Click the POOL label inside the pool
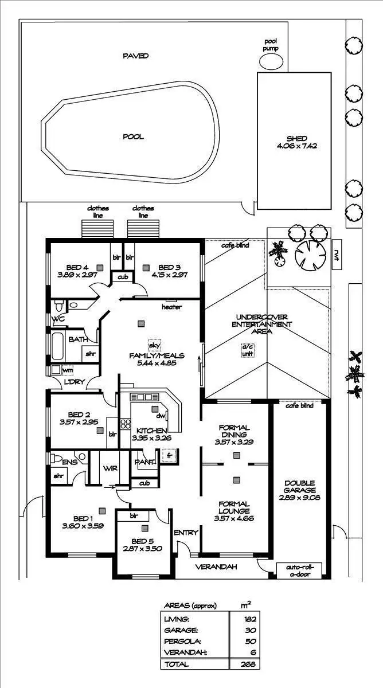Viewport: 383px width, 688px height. [133, 137]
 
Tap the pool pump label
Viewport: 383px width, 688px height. [271, 45]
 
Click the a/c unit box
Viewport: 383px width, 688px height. [247, 350]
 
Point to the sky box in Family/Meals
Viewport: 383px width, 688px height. [154, 345]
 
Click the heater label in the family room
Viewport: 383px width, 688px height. [171, 307]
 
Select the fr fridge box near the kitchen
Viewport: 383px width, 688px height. [169, 456]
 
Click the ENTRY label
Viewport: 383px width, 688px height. [186, 533]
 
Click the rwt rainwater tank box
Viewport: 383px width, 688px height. [337, 253]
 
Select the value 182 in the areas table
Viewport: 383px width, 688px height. [248, 619]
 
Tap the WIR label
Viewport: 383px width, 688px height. [110, 468]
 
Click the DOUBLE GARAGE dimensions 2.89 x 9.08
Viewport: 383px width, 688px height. [299, 498]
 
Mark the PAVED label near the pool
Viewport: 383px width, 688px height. [136, 56]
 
